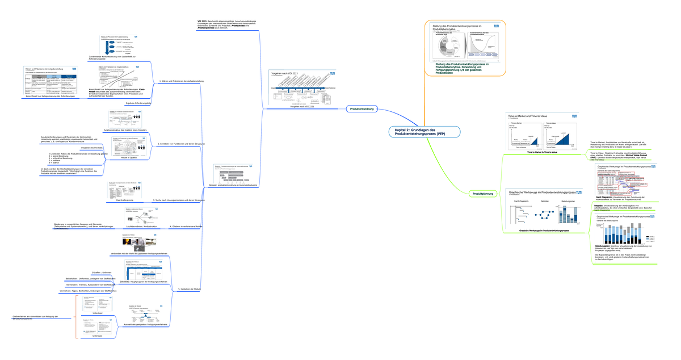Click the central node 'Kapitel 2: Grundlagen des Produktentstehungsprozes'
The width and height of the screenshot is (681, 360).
point(423,132)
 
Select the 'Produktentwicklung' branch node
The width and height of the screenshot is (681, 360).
point(361,108)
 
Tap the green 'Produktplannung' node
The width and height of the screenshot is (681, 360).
point(483,194)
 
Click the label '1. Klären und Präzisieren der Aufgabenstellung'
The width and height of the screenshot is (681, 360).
point(181,81)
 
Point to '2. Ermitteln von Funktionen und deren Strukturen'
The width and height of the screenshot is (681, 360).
point(180,144)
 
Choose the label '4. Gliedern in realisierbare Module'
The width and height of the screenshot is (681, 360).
point(186,227)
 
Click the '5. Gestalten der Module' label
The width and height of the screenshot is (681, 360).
point(190,289)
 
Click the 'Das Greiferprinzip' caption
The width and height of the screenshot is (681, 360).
point(125,200)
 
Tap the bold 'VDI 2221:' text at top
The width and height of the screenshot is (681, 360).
point(202,22)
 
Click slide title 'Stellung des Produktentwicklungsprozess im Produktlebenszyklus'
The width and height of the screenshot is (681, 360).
point(460,28)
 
